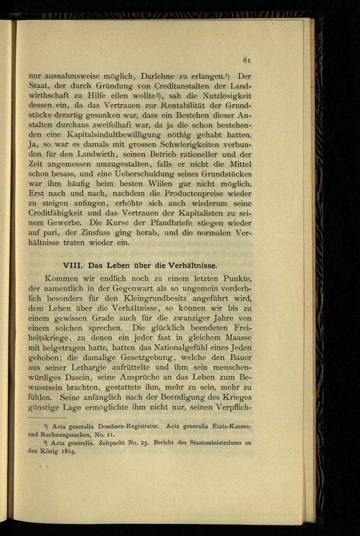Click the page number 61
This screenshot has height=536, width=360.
pos(247,60)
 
